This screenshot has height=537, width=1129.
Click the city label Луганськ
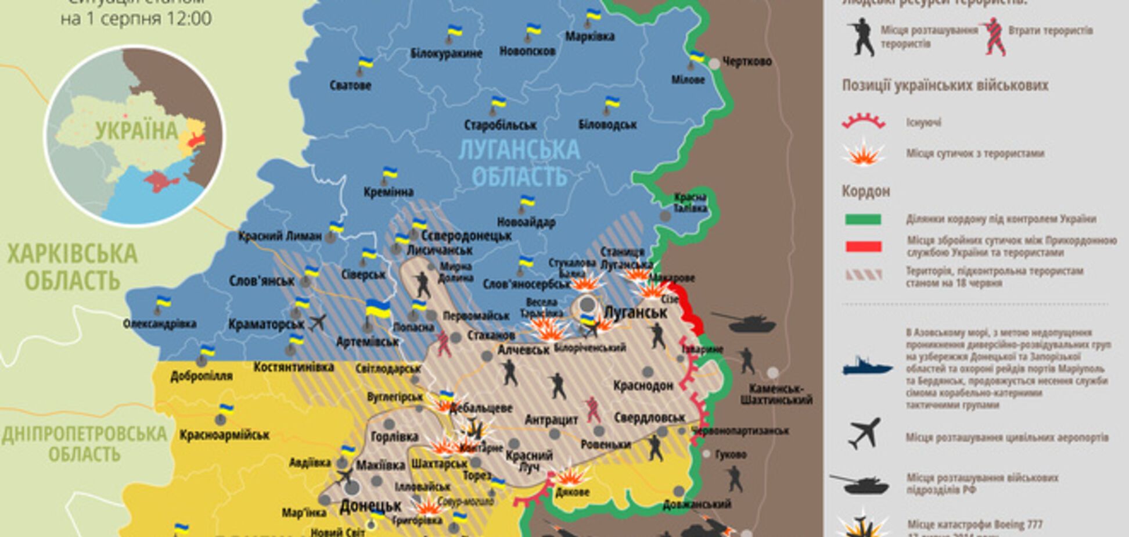(x=635, y=313)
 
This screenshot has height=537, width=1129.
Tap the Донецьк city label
(x=371, y=506)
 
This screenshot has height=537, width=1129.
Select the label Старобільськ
(x=500, y=125)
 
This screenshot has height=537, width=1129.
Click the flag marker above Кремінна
(x=389, y=173)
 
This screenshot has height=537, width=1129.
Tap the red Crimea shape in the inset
(x=160, y=182)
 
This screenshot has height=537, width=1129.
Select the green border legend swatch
(x=863, y=219)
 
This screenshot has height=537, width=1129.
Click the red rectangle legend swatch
(x=863, y=246)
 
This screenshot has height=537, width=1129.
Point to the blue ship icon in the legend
(x=867, y=366)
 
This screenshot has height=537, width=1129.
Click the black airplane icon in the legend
(x=865, y=434)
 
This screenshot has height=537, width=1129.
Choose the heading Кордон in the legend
(x=865, y=191)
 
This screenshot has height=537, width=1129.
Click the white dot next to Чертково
(x=715, y=63)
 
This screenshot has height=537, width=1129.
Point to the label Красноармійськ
(x=225, y=435)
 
